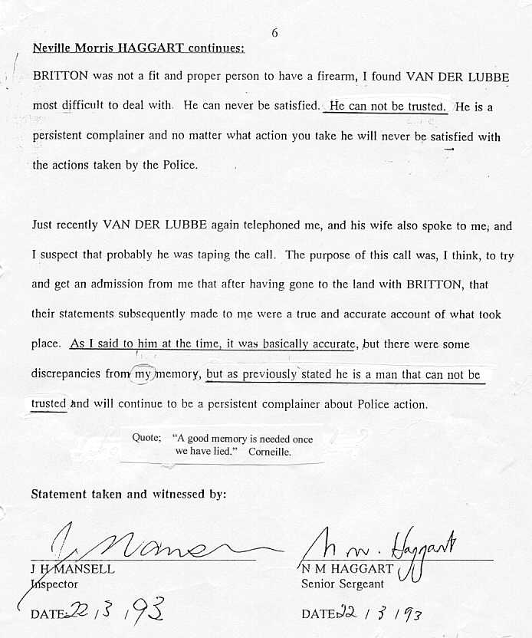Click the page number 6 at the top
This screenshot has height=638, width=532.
point(275,33)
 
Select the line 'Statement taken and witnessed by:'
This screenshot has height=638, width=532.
point(129,495)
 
